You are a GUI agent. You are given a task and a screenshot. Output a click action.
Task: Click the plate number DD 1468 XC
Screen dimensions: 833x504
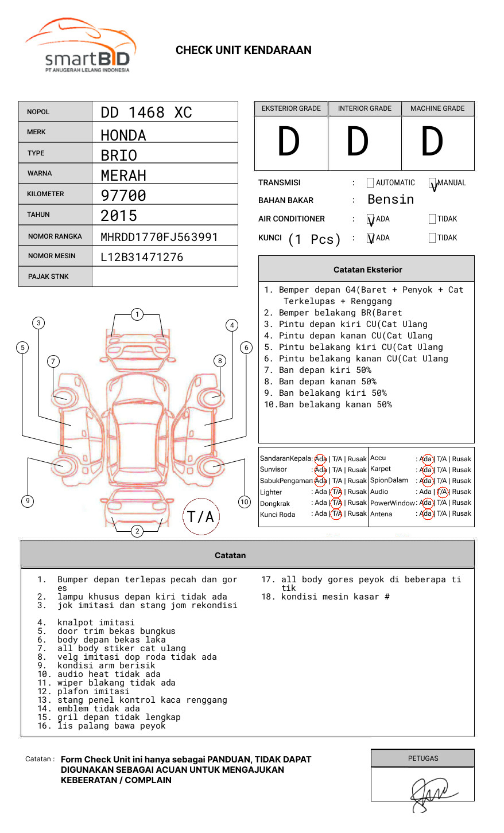pos(146,112)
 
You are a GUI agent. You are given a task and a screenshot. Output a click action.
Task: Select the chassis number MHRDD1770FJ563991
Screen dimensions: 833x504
pos(159,237)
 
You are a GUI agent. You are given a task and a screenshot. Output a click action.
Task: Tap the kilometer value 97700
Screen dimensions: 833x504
pos(123,196)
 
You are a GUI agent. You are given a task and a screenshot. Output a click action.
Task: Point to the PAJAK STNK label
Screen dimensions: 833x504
pos(48,277)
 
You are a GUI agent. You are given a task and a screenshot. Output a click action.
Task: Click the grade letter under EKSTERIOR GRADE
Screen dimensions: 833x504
pos(289,142)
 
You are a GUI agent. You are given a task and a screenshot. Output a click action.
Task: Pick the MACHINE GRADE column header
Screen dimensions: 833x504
pos(437,108)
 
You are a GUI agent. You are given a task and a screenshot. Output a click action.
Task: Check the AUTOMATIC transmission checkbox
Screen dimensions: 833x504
pos(370,183)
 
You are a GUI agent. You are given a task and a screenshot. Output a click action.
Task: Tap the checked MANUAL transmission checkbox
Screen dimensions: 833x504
pos(432,183)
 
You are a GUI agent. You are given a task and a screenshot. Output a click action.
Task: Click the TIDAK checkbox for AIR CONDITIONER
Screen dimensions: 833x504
pos(432,219)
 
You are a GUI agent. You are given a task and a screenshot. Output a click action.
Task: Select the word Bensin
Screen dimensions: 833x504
pos(390,200)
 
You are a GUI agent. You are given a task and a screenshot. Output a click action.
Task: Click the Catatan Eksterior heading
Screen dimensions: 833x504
pos(367,270)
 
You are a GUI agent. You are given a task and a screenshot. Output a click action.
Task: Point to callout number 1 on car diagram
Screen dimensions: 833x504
pos(137,314)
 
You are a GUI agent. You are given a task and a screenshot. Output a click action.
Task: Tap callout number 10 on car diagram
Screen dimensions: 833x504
pos(245,502)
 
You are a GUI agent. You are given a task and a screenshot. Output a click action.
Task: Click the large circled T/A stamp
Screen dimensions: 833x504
pos(201,517)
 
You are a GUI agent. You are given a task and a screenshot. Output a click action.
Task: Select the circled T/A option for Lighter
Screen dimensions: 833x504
pos(336,492)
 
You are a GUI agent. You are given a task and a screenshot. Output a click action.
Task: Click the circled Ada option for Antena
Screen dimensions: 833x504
pos(426,514)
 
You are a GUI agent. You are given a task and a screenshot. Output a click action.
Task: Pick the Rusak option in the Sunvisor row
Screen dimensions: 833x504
pos(356,470)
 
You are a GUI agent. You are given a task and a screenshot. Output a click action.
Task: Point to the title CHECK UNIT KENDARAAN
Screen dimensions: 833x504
pos(243,50)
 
